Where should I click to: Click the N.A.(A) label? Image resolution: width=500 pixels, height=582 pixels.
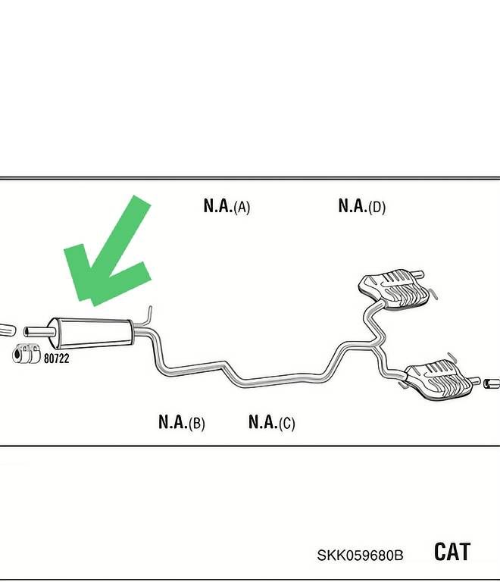pos(227,205)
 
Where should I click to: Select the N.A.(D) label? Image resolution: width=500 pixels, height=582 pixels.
pos(361,205)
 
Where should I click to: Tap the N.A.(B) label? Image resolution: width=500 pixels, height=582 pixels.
pos(181,422)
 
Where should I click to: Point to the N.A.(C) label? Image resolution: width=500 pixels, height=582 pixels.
pos(271,422)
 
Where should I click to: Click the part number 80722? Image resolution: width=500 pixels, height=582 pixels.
pos(57,358)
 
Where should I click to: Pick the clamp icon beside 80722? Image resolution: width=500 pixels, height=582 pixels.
pos(28,354)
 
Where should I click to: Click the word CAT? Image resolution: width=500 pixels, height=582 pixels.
pos(452,552)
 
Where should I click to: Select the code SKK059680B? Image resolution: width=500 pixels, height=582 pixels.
pos(360,555)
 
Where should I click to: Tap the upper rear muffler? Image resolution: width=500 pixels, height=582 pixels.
pos(394,288)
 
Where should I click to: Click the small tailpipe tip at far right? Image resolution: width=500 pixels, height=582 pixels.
pos(492,384)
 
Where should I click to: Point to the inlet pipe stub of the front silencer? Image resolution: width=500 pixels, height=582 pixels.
pos(36,330)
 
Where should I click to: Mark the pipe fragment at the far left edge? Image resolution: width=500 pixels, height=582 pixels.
pos(6,329)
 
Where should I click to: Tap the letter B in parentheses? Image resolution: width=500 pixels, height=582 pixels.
pos(197,424)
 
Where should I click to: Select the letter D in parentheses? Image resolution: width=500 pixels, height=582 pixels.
pos(377,207)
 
